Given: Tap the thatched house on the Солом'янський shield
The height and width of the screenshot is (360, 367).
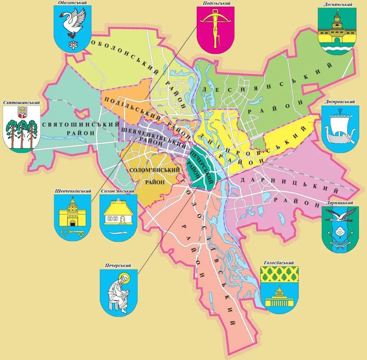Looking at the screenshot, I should coord(118,214).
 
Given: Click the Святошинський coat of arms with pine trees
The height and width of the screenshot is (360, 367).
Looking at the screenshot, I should coord(21,127).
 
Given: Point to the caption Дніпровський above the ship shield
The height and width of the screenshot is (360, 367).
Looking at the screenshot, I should coord(339,102).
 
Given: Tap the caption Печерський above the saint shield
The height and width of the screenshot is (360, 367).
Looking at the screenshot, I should coord(118,265).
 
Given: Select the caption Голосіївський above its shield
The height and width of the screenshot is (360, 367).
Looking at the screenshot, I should coord(278,263).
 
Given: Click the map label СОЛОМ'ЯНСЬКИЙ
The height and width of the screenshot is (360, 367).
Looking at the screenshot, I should coord(154,170).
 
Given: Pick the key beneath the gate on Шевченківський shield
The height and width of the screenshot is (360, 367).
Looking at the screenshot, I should coord(72,232).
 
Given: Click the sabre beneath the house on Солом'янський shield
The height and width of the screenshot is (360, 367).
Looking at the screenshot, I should coord(118,233).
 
